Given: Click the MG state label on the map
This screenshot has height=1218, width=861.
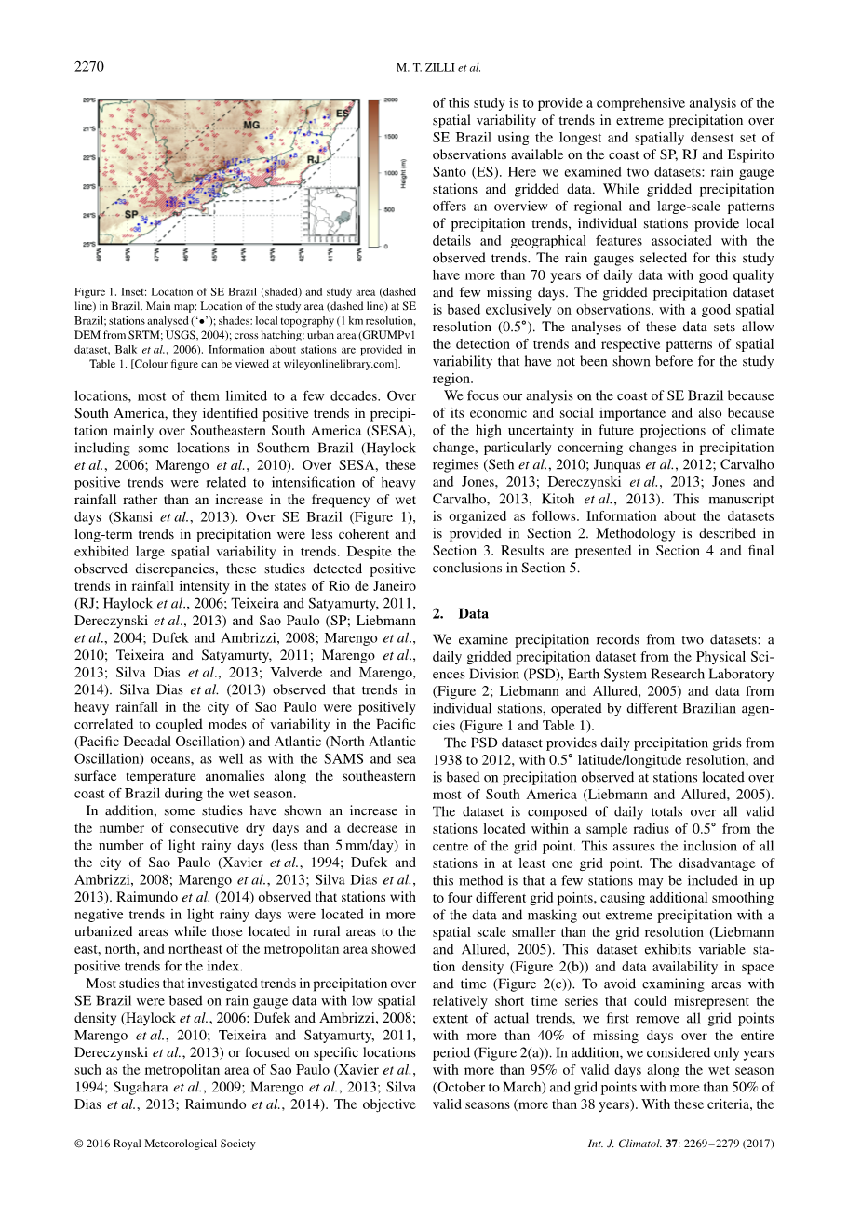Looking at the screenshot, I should pyautogui.click(x=251, y=124).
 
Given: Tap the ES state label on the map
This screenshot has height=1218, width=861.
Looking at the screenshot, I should pyautogui.click(x=342, y=114).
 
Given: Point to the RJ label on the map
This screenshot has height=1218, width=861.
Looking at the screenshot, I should pyautogui.click(x=314, y=160).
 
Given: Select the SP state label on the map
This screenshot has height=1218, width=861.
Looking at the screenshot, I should pyautogui.click(x=132, y=214).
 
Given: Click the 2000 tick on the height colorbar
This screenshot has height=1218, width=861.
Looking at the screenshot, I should pyautogui.click(x=391, y=100).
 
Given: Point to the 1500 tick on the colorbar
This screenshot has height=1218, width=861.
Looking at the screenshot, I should pyautogui.click(x=391, y=137).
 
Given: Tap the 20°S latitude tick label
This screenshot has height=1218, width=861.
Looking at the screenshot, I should pyautogui.click(x=89, y=100).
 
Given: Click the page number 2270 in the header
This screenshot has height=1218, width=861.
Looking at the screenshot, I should pyautogui.click(x=89, y=66).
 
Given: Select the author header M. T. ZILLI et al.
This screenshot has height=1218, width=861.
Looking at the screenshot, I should pyautogui.click(x=438, y=67).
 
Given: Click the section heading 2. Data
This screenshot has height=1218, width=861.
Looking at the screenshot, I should pyautogui.click(x=461, y=614).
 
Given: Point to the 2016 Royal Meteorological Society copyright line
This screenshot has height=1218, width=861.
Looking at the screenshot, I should pyautogui.click(x=165, y=1144).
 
